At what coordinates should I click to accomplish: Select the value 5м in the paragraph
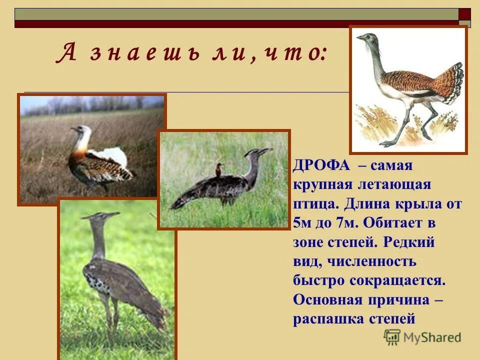[301, 223]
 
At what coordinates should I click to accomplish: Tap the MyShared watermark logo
[422, 337]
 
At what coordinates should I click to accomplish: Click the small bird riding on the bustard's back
[218, 170]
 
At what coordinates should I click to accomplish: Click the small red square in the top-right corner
[465, 14]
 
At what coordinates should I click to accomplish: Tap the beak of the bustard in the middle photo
[267, 149]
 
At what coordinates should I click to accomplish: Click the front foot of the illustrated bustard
[387, 144]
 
